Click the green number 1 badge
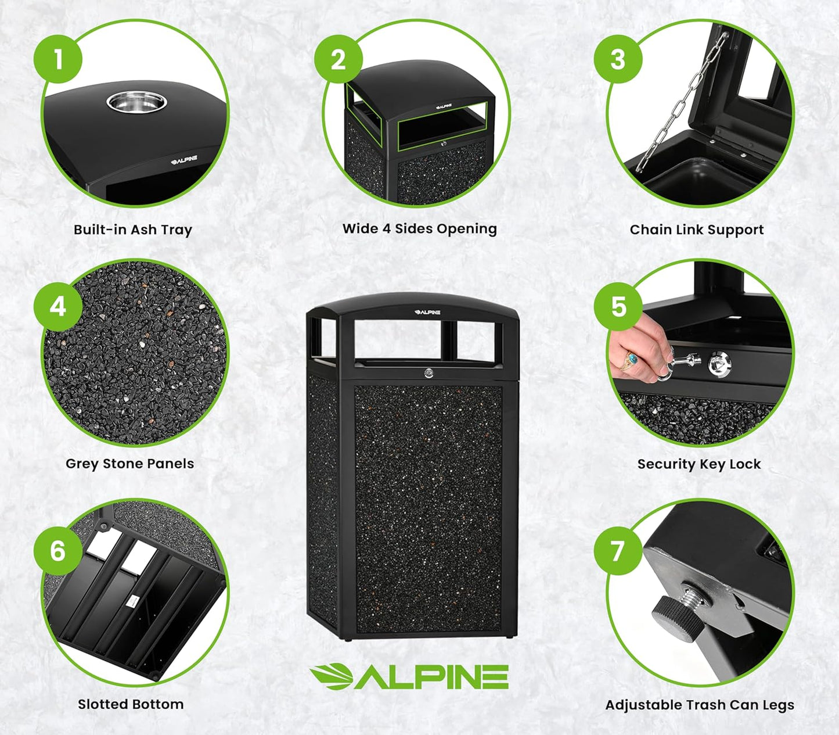[x=57, y=59]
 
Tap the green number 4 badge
[x=57, y=306]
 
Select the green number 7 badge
[x=618, y=550]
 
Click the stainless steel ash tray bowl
[x=136, y=103]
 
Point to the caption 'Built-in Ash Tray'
[x=132, y=230]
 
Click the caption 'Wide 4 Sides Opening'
[x=419, y=228]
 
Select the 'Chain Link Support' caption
[x=696, y=230]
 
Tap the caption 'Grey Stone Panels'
[x=129, y=464]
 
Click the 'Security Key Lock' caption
[x=698, y=464]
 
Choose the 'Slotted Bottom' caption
[x=131, y=704]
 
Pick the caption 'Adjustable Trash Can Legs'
[x=700, y=705]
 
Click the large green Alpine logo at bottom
[x=409, y=677]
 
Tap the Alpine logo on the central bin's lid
[x=427, y=312]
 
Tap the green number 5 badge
[x=618, y=306]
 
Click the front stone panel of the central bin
[x=428, y=508]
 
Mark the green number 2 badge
[x=339, y=59]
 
